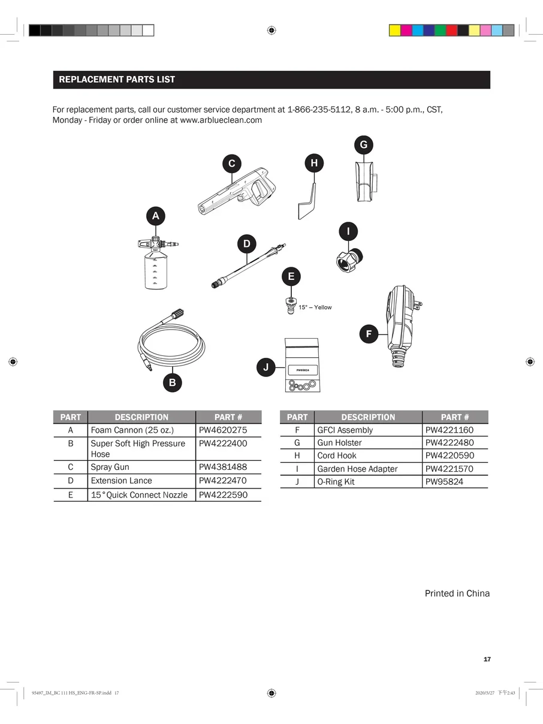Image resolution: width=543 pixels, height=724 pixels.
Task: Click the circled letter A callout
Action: click(x=156, y=216)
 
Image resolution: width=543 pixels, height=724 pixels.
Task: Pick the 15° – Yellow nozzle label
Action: click(x=315, y=307)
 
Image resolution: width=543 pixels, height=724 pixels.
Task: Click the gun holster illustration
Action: click(x=364, y=180)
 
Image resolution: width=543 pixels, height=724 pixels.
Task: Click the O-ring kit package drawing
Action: click(x=301, y=366)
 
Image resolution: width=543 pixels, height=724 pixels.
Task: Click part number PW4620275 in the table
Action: click(x=222, y=430)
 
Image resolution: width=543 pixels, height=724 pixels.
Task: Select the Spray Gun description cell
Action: click(x=110, y=467)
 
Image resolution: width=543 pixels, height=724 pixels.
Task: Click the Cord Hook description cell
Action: click(x=337, y=455)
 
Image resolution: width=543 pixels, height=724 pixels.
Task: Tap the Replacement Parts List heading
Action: click(x=117, y=80)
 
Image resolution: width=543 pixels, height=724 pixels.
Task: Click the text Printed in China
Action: click(x=457, y=593)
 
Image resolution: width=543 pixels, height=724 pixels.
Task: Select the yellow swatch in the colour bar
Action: click(x=395, y=31)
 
